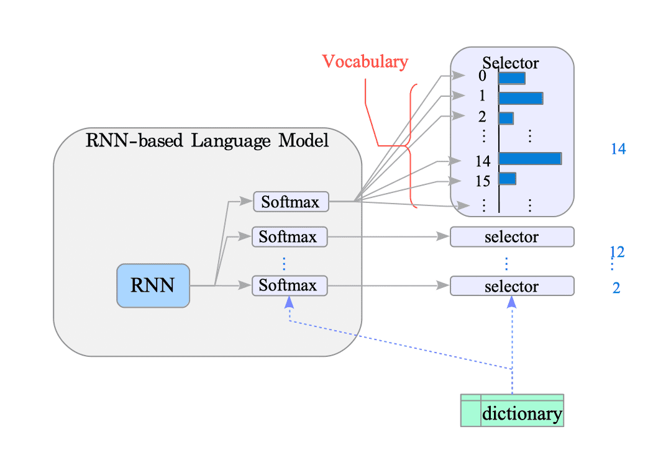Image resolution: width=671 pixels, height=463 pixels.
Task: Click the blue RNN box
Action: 153,285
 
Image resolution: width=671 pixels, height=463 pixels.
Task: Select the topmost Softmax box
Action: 290,202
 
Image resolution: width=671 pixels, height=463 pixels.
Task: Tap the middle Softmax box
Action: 289,237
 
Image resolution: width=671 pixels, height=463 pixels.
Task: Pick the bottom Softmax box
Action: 289,285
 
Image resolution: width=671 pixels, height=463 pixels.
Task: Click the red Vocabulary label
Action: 365,61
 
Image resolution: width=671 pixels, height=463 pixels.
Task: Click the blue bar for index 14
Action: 530,158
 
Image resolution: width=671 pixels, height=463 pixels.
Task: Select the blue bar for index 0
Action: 511,78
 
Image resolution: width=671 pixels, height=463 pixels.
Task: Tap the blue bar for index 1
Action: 521,98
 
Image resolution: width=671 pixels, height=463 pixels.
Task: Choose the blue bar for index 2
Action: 506,118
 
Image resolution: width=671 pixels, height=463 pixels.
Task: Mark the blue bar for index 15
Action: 507,178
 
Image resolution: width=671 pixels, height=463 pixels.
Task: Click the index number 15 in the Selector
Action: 483,181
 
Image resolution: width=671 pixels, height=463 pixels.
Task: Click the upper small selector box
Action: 511,237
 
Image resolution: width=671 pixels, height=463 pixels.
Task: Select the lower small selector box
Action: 511,286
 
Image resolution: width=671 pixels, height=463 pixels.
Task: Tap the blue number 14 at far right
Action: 618,149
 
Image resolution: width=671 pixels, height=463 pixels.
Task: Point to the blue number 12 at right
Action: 617,252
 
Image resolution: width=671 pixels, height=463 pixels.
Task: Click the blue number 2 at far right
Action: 616,288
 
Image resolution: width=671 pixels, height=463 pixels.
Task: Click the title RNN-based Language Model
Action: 207,141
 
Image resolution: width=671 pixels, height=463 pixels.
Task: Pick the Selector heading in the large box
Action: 511,63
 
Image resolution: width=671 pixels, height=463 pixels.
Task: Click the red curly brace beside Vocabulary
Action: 410,146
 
